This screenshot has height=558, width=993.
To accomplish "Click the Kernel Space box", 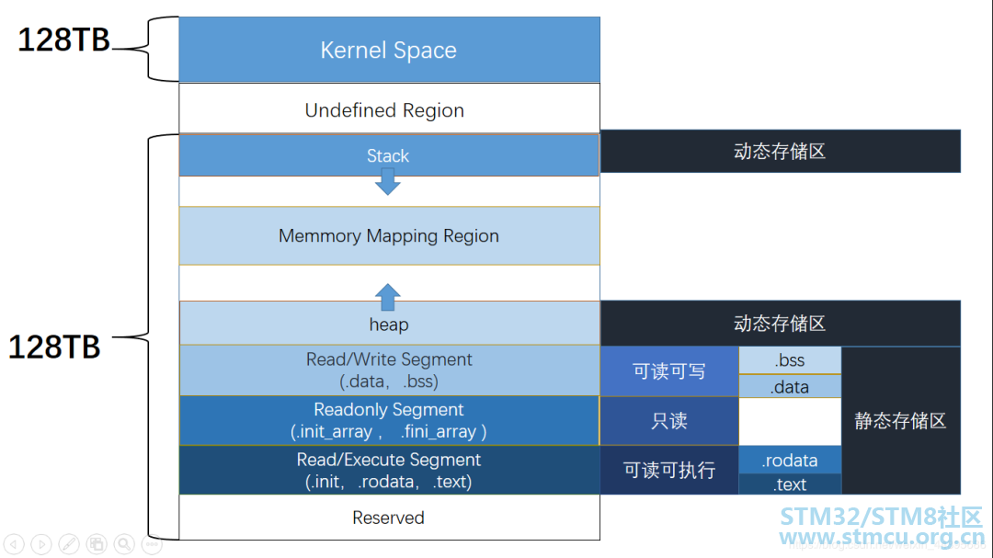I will pyautogui.click(x=388, y=51).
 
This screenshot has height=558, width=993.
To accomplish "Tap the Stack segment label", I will pyautogui.click(x=388, y=155).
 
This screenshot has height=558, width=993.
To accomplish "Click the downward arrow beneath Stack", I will pyautogui.click(x=388, y=182).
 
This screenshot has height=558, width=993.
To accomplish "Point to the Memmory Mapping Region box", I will pyautogui.click(x=388, y=236).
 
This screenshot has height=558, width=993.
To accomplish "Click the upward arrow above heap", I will pyautogui.click(x=388, y=296).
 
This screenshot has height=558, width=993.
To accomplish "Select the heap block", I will pyautogui.click(x=388, y=325).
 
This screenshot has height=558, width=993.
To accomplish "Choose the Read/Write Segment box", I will pyautogui.click(x=388, y=370).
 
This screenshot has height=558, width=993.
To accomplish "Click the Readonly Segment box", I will pyautogui.click(x=388, y=420).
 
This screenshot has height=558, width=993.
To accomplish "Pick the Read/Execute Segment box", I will pyautogui.click(x=388, y=470).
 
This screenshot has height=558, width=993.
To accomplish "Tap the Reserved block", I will pyautogui.click(x=388, y=518).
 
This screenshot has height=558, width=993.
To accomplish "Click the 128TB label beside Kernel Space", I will pyautogui.click(x=63, y=41).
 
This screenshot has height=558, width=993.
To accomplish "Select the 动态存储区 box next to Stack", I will pyautogui.click(x=780, y=152).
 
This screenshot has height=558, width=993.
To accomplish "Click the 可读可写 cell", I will pyautogui.click(x=668, y=371).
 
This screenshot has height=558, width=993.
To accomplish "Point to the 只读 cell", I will pyautogui.click(x=668, y=421).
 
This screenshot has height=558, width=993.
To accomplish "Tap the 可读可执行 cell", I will pyautogui.click(x=668, y=470).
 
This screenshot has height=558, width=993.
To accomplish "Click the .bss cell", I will pyautogui.click(x=790, y=359).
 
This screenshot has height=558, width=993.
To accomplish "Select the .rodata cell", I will pyautogui.click(x=790, y=460).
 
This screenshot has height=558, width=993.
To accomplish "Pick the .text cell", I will pyautogui.click(x=790, y=484).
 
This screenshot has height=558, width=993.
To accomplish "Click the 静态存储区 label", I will pyautogui.click(x=900, y=421).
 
